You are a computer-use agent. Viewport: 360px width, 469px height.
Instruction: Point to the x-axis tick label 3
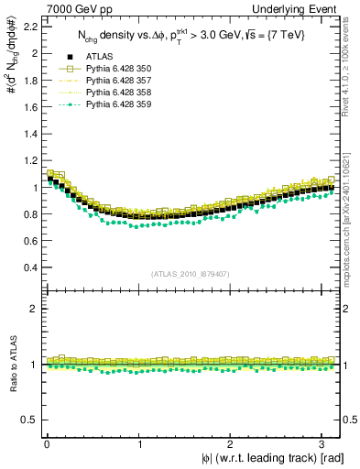322,444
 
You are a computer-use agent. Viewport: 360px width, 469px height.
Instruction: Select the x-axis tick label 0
47,444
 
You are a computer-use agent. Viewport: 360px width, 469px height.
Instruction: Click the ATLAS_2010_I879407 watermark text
191,273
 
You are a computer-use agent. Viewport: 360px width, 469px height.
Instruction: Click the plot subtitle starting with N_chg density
191,36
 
